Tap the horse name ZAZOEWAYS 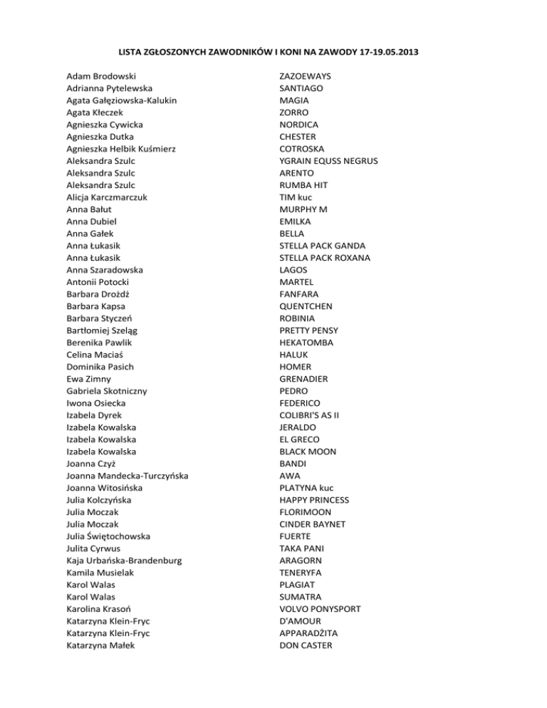click(309, 76)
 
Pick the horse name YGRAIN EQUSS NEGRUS click(328, 161)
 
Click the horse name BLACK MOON click(308, 452)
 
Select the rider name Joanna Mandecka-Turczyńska click(127, 476)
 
